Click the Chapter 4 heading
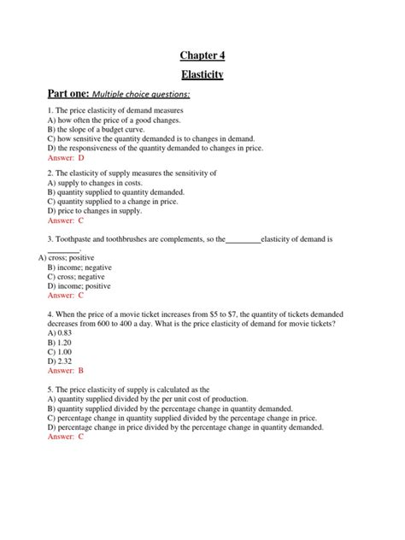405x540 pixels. pyautogui.click(x=202, y=56)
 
